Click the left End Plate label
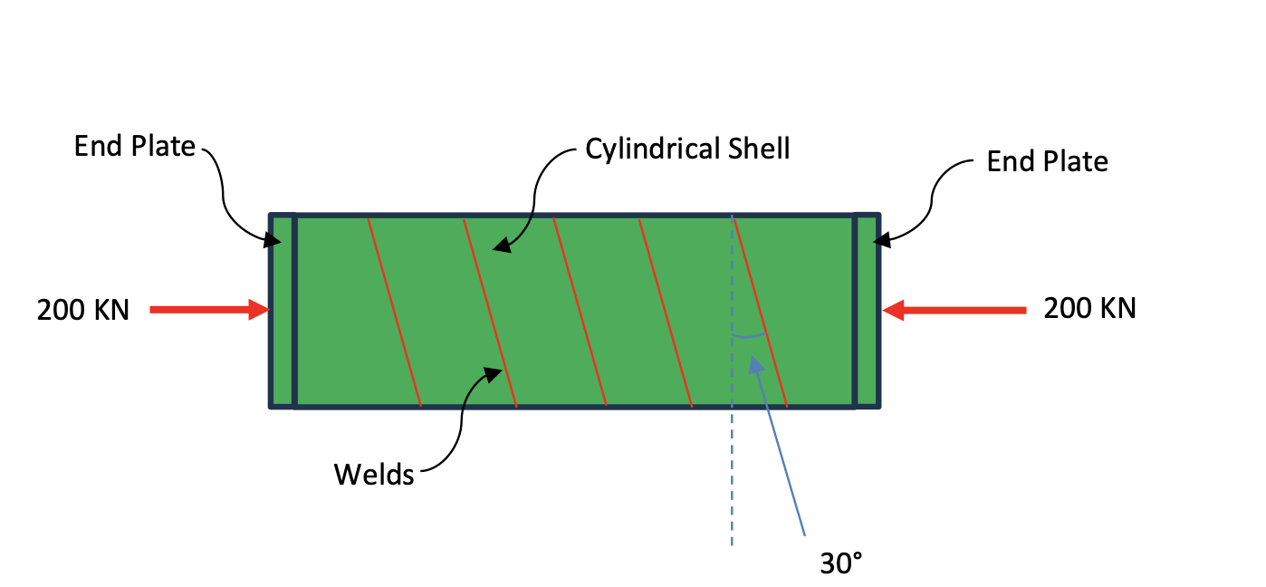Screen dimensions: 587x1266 pyautogui.click(x=135, y=146)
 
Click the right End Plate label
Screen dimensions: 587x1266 pyautogui.click(x=1047, y=161)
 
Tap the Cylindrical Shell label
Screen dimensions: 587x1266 pyautogui.click(x=687, y=149)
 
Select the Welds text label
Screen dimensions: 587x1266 pyautogui.click(x=374, y=474)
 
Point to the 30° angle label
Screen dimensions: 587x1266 pyautogui.click(x=841, y=563)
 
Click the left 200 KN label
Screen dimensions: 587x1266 pyautogui.click(x=83, y=310)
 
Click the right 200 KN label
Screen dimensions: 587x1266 pyautogui.click(x=1089, y=308)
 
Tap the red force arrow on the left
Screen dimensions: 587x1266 pyautogui.click(x=209, y=310)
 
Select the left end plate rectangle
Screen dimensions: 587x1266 pyautogui.click(x=283, y=311)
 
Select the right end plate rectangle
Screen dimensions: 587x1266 pyautogui.click(x=867, y=311)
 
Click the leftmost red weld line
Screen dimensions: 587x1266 pyautogui.click(x=394, y=311)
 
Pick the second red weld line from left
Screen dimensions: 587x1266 pyautogui.click(x=490, y=311)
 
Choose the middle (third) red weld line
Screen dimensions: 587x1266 pyautogui.click(x=580, y=311)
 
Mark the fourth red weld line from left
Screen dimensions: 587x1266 pyautogui.click(x=666, y=311)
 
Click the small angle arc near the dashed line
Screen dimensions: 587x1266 pyautogui.click(x=749, y=337)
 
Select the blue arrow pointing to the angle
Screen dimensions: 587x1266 pyautogui.click(x=779, y=444)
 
